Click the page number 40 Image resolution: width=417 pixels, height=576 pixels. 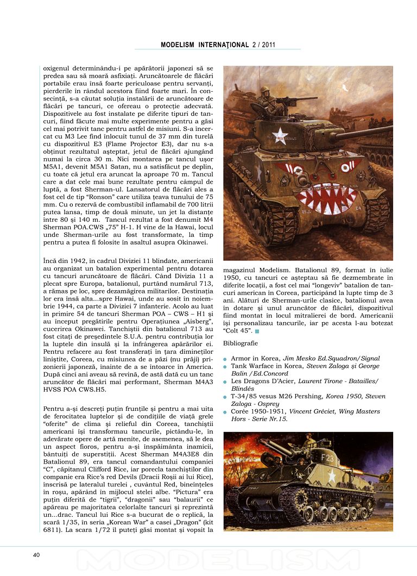point(36,555)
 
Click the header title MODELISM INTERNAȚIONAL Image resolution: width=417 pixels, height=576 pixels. point(205,45)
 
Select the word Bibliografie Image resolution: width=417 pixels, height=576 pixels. point(240,343)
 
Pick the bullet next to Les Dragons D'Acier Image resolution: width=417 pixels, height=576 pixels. point(226,382)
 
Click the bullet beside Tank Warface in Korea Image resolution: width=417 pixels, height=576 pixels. point(226,367)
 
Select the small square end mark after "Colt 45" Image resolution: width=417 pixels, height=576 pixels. point(257,331)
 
